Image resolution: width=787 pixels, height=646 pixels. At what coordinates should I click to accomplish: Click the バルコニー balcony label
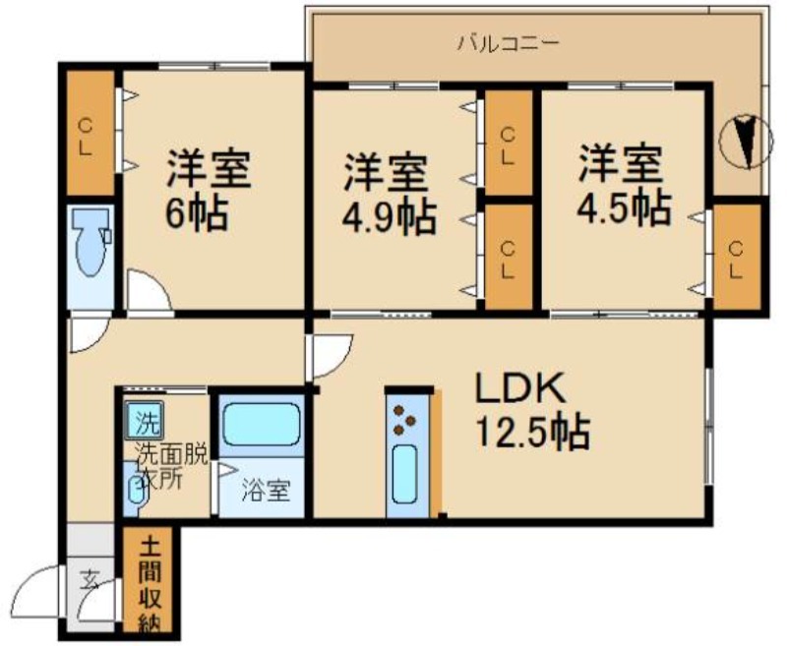(x=508, y=42)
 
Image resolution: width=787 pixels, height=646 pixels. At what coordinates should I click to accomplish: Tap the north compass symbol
(x=746, y=142)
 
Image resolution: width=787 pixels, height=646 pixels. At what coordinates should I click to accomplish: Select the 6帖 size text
(x=198, y=211)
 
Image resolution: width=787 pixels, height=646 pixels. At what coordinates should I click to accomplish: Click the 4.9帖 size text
(x=389, y=218)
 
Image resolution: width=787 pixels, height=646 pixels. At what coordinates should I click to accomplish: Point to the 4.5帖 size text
(x=624, y=207)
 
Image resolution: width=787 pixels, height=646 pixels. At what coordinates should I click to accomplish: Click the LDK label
(x=520, y=387)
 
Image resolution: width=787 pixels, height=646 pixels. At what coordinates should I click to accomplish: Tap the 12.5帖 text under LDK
(x=532, y=431)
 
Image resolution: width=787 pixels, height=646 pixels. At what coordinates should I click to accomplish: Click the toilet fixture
(x=91, y=241)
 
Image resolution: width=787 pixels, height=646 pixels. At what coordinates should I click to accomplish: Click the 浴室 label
(x=266, y=491)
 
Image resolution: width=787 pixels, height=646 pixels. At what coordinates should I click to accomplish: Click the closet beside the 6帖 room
(x=91, y=133)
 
